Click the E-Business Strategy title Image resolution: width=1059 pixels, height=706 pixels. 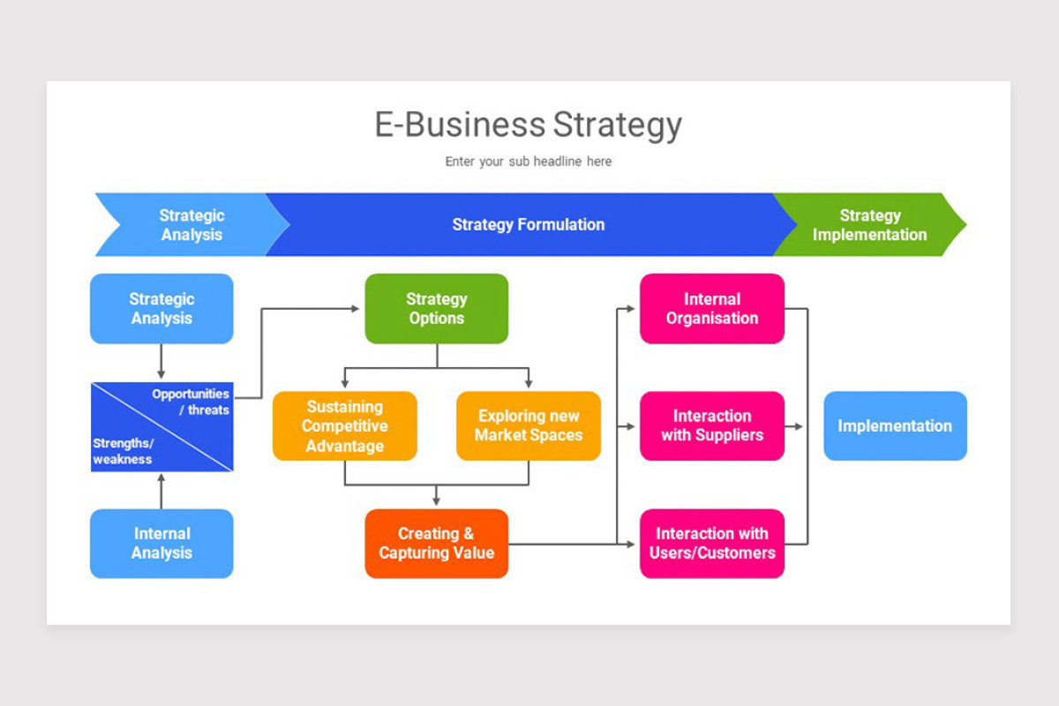(528, 124)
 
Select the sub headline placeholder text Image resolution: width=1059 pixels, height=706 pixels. (528, 161)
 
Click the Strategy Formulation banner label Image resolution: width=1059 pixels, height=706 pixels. (528, 225)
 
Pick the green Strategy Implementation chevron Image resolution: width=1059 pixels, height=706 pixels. (869, 225)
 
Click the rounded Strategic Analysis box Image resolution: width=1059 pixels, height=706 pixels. (161, 309)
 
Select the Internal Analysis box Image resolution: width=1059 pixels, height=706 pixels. (161, 544)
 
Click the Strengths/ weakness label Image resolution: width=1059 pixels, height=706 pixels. (123, 451)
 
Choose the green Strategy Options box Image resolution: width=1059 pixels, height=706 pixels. (436, 309)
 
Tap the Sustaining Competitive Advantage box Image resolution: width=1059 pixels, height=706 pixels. (344, 426)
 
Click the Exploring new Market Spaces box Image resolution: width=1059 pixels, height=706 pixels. (528, 426)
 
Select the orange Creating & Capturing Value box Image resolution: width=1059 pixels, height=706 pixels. (436, 544)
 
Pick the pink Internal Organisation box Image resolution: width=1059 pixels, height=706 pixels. (711, 309)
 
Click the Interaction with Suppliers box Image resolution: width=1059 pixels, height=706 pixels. (711, 426)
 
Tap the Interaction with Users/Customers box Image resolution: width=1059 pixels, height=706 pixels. (711, 544)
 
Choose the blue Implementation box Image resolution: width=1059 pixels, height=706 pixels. (895, 426)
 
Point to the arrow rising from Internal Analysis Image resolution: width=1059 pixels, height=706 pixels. (161, 490)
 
